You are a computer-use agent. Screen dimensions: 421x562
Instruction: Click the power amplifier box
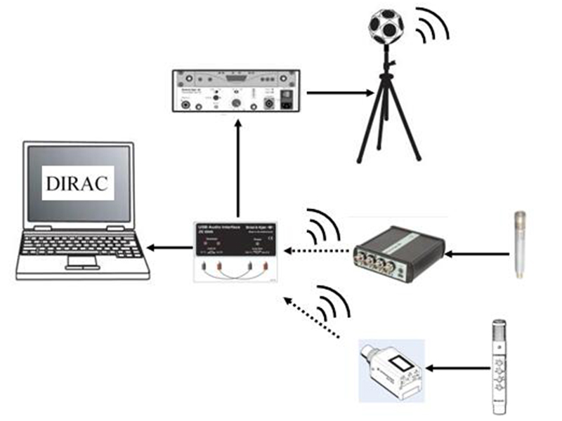[238, 92]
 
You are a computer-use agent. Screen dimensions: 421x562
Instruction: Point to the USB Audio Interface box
[237, 252]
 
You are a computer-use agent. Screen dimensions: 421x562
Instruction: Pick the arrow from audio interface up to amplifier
[239, 168]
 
